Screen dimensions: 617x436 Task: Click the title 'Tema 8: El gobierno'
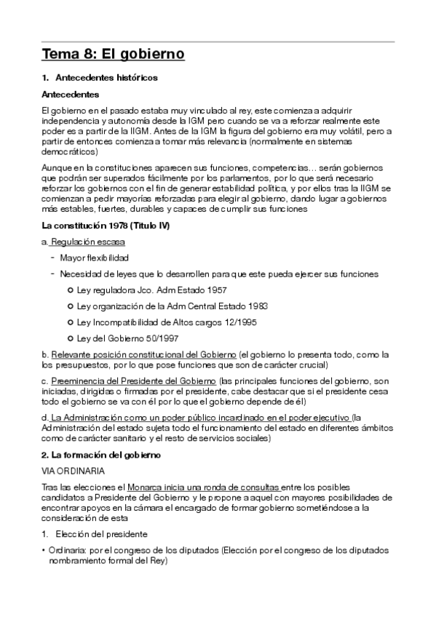[113, 54]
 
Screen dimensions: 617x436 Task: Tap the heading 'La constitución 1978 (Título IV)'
[106, 226]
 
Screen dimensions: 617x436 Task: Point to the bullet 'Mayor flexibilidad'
[95, 258]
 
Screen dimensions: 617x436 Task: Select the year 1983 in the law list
[258, 306]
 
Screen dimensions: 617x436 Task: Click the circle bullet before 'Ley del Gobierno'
[71, 338]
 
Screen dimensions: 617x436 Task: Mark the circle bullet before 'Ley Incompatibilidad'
[71, 322]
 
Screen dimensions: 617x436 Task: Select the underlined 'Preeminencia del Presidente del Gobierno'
[134, 381]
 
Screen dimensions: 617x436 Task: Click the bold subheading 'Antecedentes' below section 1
[71, 94]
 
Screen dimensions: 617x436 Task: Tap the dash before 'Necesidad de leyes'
[53, 274]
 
